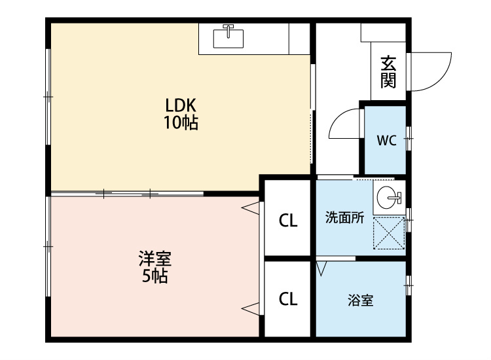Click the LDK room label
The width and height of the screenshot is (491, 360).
[x=181, y=105]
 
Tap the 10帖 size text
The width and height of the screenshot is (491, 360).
[x=181, y=122]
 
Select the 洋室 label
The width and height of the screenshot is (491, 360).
[x=155, y=259]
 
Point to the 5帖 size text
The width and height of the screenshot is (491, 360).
[x=155, y=276]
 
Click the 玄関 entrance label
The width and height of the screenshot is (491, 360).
[x=388, y=72]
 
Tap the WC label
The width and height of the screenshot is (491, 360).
[x=387, y=141]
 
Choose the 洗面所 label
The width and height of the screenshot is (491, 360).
[x=344, y=217]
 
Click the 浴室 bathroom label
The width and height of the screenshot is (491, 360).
[x=361, y=300]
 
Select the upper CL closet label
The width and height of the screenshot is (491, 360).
[x=288, y=221]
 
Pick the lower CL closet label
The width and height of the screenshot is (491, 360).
[x=288, y=299]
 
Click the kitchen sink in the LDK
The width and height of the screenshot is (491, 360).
[x=228, y=37]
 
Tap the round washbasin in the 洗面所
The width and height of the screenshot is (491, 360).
[x=388, y=198]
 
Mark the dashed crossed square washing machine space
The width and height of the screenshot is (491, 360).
[x=389, y=233]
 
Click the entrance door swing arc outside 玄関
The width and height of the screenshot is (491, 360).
[x=442, y=80]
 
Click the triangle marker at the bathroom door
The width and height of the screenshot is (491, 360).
[x=321, y=268]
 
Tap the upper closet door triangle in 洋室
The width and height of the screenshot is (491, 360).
[x=251, y=209]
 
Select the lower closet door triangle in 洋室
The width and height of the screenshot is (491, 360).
[x=251, y=309]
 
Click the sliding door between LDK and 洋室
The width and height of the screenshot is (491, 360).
[x=127, y=194]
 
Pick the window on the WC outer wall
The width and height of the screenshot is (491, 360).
[x=409, y=138]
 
